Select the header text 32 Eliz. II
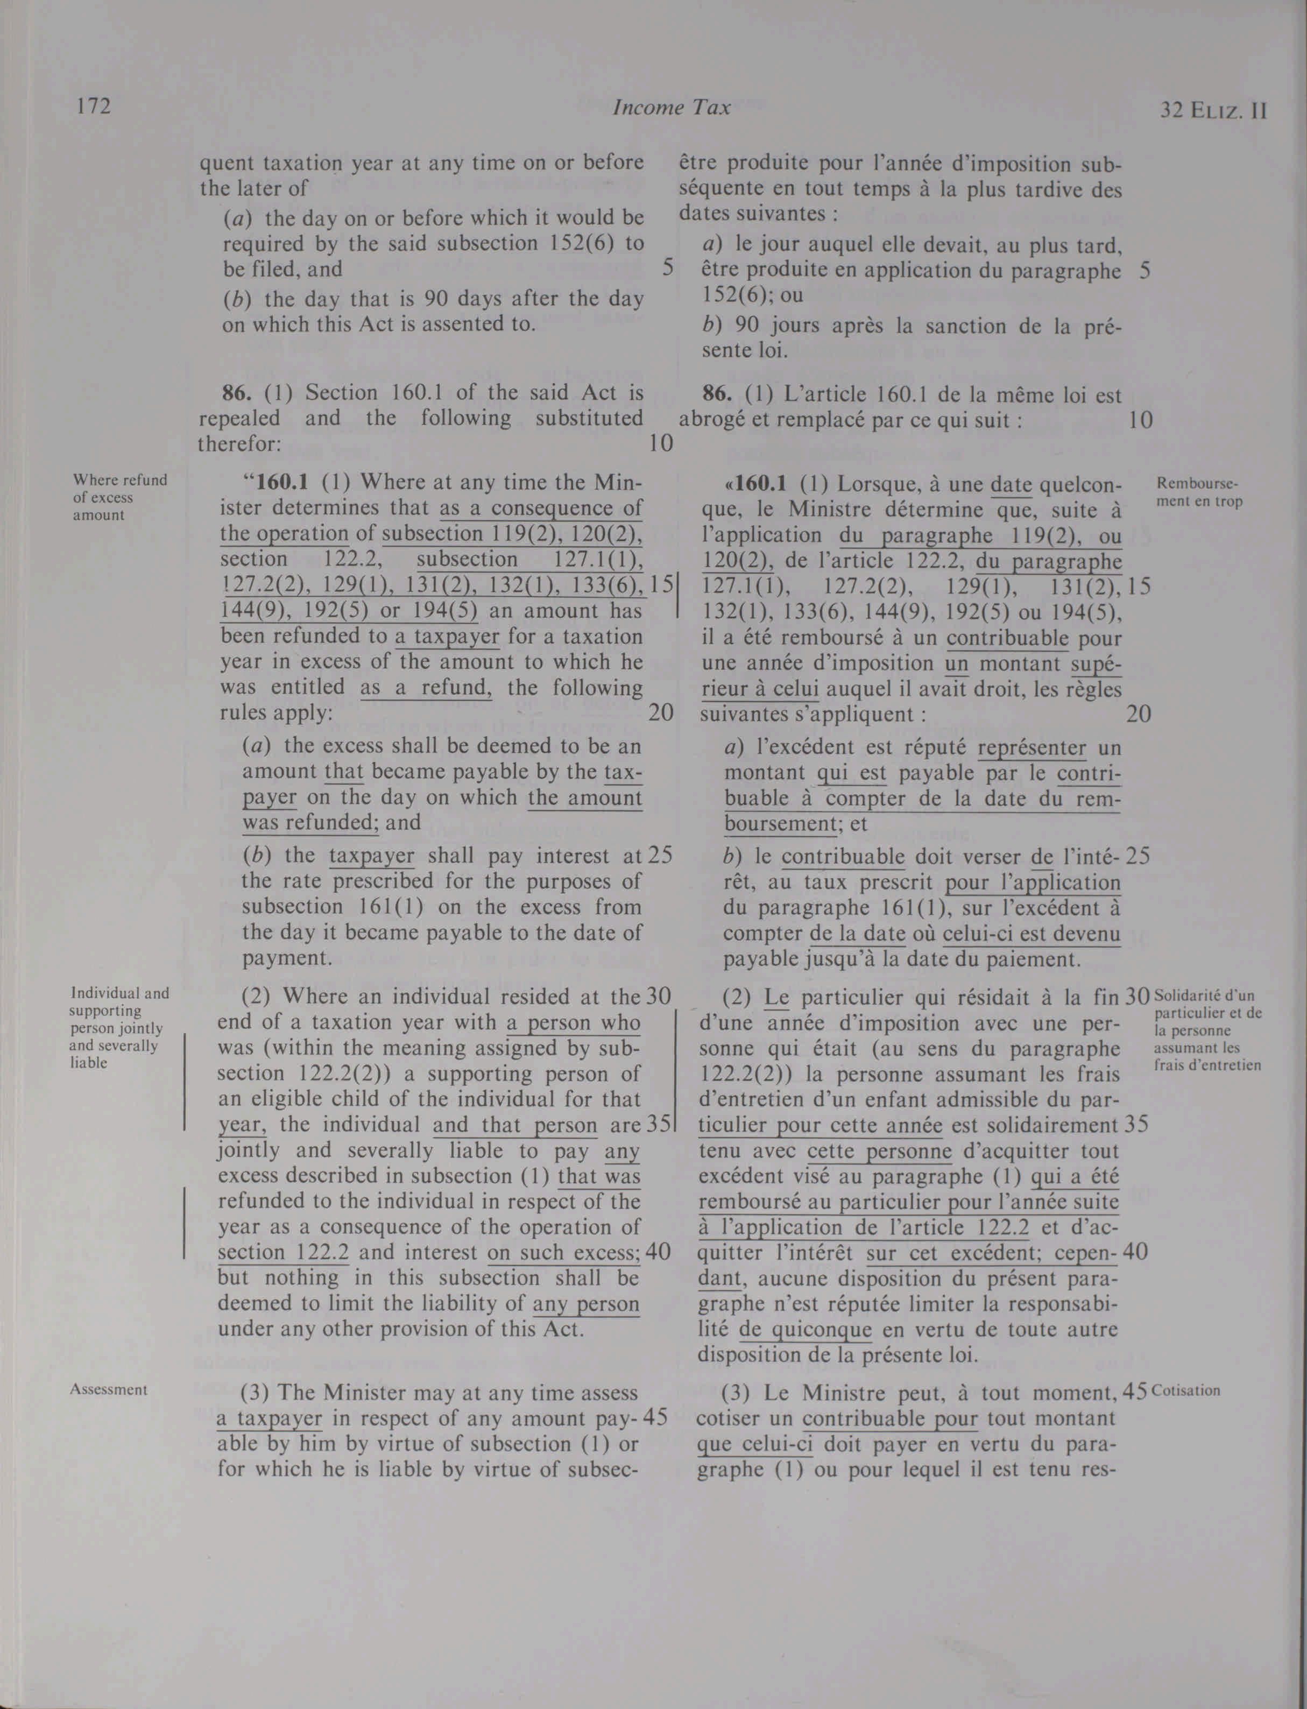(1213, 110)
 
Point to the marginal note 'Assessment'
(109, 1389)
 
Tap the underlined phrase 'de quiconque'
(805, 1330)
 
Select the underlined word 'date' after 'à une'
(1012, 484)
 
